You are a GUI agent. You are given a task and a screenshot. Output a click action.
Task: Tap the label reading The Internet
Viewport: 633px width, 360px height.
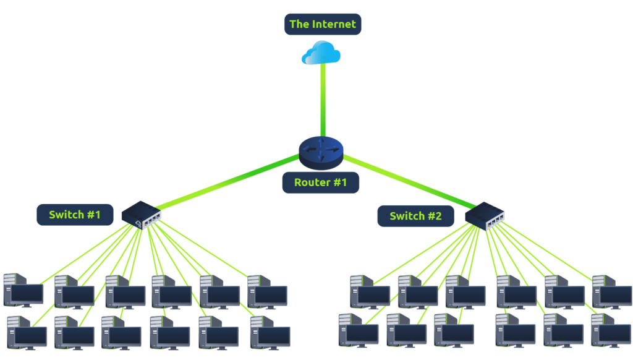(x=322, y=25)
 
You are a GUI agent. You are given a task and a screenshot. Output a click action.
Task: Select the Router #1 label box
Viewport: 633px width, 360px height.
(x=321, y=182)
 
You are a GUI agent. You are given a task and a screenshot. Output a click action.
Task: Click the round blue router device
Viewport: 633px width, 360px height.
(x=320, y=152)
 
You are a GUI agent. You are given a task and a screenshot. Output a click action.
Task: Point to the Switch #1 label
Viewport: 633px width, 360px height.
(x=75, y=215)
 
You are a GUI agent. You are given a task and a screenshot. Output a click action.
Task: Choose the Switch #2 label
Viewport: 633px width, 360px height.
(x=416, y=216)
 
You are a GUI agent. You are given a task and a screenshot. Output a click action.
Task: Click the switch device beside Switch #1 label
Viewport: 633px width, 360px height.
(x=142, y=215)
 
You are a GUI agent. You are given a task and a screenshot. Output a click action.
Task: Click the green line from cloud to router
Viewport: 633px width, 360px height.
(x=322, y=102)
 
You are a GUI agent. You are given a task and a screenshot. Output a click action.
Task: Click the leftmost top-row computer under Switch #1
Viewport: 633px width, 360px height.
(x=23, y=291)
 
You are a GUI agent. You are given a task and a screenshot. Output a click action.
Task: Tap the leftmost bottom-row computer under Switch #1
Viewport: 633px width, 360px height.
(x=27, y=332)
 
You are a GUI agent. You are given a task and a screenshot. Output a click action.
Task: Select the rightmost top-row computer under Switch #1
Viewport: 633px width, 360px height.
(x=266, y=291)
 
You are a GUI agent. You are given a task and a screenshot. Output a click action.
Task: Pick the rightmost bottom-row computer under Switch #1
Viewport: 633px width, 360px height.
(x=270, y=332)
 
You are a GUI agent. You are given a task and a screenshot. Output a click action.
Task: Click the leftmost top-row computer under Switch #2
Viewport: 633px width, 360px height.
(x=370, y=291)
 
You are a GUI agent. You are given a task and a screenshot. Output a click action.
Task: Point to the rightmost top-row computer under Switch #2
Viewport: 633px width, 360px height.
(x=611, y=291)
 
